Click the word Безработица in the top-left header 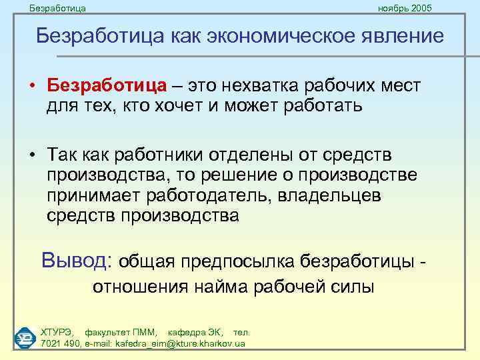(58, 9)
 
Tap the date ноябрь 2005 (405, 9)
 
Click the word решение (248, 175)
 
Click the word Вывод (77, 259)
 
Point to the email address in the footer (181, 343)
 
